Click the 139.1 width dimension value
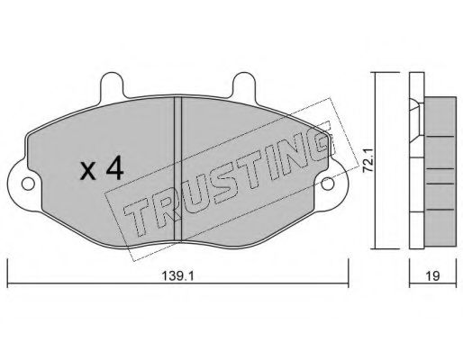coord(178,275)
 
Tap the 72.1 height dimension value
coord(368,161)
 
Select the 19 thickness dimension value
coord(433,276)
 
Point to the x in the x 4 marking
coord(88,172)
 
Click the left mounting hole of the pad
coord(28,184)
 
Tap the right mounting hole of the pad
coord(328,184)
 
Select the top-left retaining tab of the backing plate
coord(112,85)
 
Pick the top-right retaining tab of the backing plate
coord(244,85)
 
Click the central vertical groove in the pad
coord(178,169)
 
